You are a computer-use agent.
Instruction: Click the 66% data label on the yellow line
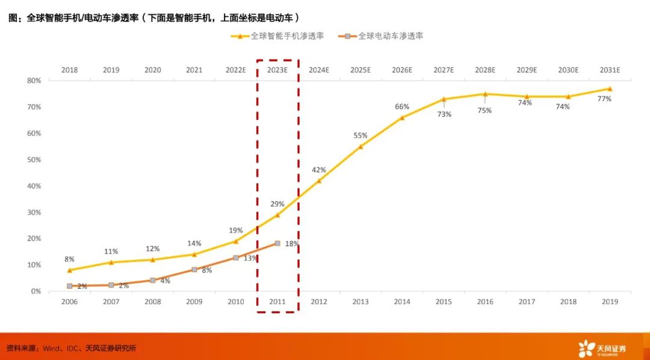[401, 107]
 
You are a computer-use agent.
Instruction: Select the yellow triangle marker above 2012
[319, 181]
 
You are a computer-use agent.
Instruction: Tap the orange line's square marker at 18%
[277, 243]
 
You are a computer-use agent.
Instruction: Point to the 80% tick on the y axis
[34, 81]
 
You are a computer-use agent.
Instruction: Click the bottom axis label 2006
[69, 302]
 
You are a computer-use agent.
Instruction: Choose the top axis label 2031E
[610, 70]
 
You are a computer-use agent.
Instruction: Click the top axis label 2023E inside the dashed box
[277, 70]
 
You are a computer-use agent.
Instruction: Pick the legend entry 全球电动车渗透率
[385, 36]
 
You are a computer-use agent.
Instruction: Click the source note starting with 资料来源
[71, 348]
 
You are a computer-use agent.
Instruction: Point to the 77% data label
[604, 99]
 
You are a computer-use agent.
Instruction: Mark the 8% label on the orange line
[207, 271]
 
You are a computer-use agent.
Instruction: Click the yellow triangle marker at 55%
[361, 146]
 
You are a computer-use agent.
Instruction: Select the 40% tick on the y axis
[34, 186]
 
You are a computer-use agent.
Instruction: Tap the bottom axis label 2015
[444, 302]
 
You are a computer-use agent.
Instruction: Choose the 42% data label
[319, 170]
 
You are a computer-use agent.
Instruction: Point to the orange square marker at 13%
[236, 258]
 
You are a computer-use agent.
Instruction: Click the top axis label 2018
[69, 70]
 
